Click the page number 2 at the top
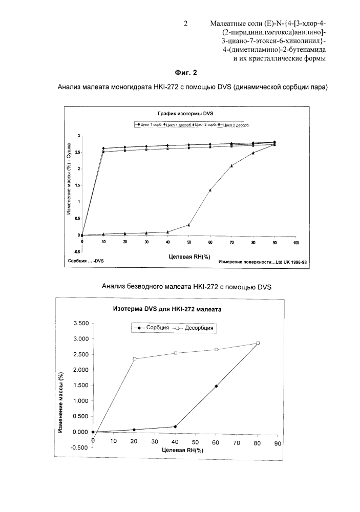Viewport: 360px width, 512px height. [x=186, y=23]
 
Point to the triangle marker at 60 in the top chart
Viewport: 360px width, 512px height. [x=210, y=190]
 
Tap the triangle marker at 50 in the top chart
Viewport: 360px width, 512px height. [x=189, y=225]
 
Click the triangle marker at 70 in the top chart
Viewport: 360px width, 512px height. [x=231, y=165]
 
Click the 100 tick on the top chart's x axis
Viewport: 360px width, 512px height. [x=295, y=242]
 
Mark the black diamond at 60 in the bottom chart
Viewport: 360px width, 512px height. [x=216, y=386]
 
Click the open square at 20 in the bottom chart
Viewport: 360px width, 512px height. [x=135, y=358]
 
